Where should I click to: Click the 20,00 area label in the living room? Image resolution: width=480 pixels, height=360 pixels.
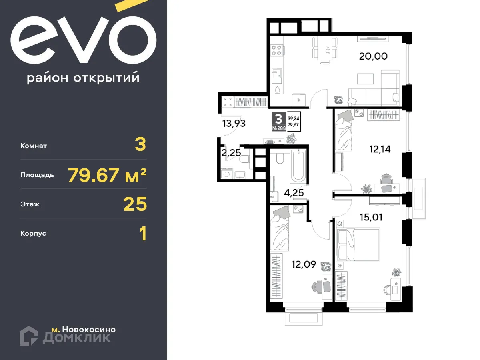[373, 56]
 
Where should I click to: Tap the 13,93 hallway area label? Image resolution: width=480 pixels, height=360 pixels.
[234, 123]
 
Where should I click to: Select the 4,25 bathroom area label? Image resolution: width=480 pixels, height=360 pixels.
[294, 193]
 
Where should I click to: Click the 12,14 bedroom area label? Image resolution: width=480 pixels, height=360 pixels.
[379, 149]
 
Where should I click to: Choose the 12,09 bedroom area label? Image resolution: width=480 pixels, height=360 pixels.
[304, 264]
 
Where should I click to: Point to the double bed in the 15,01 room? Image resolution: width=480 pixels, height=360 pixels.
[358, 245]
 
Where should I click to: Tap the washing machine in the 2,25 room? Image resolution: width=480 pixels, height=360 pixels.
[226, 174]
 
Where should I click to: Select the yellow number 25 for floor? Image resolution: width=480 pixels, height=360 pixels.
[135, 204]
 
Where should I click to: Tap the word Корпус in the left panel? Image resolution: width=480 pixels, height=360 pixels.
[33, 233]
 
